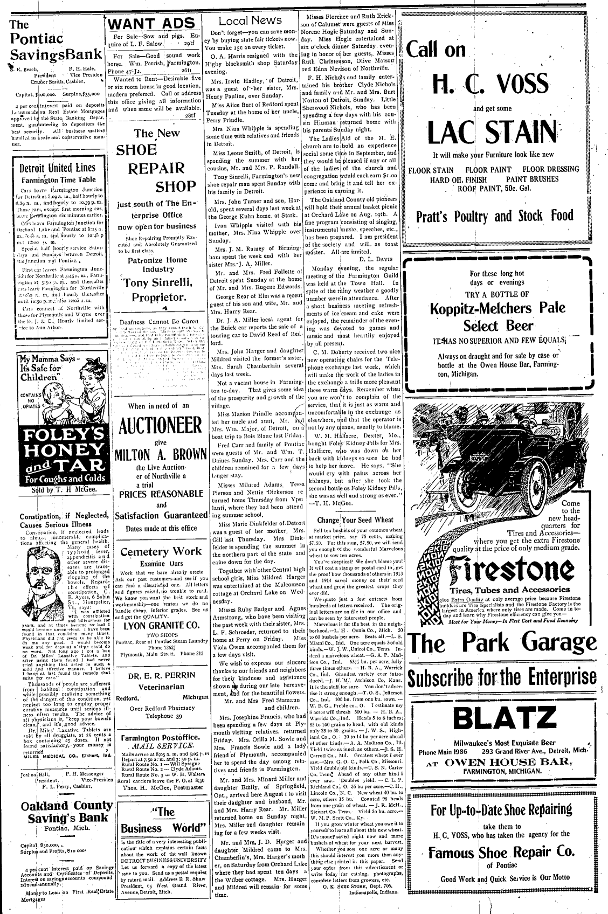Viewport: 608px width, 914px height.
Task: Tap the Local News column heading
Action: coord(250,20)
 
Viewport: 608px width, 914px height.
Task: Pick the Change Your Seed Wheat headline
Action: coord(356,520)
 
